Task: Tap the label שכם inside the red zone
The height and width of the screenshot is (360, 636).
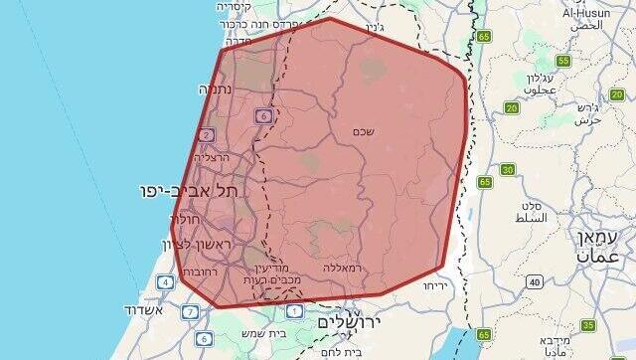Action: point(363,130)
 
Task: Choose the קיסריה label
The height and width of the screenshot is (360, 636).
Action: point(238,6)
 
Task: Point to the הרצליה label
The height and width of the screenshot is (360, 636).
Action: point(212,157)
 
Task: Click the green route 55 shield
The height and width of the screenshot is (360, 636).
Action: point(563,61)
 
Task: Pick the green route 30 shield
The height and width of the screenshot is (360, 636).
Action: point(508,169)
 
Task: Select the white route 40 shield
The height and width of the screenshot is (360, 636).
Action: point(536,282)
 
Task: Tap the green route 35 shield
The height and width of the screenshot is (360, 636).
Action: point(588,325)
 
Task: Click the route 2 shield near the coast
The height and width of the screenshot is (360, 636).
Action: point(207,134)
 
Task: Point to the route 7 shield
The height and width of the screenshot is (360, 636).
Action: point(190,312)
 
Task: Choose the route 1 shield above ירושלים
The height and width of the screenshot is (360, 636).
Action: point(296,311)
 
